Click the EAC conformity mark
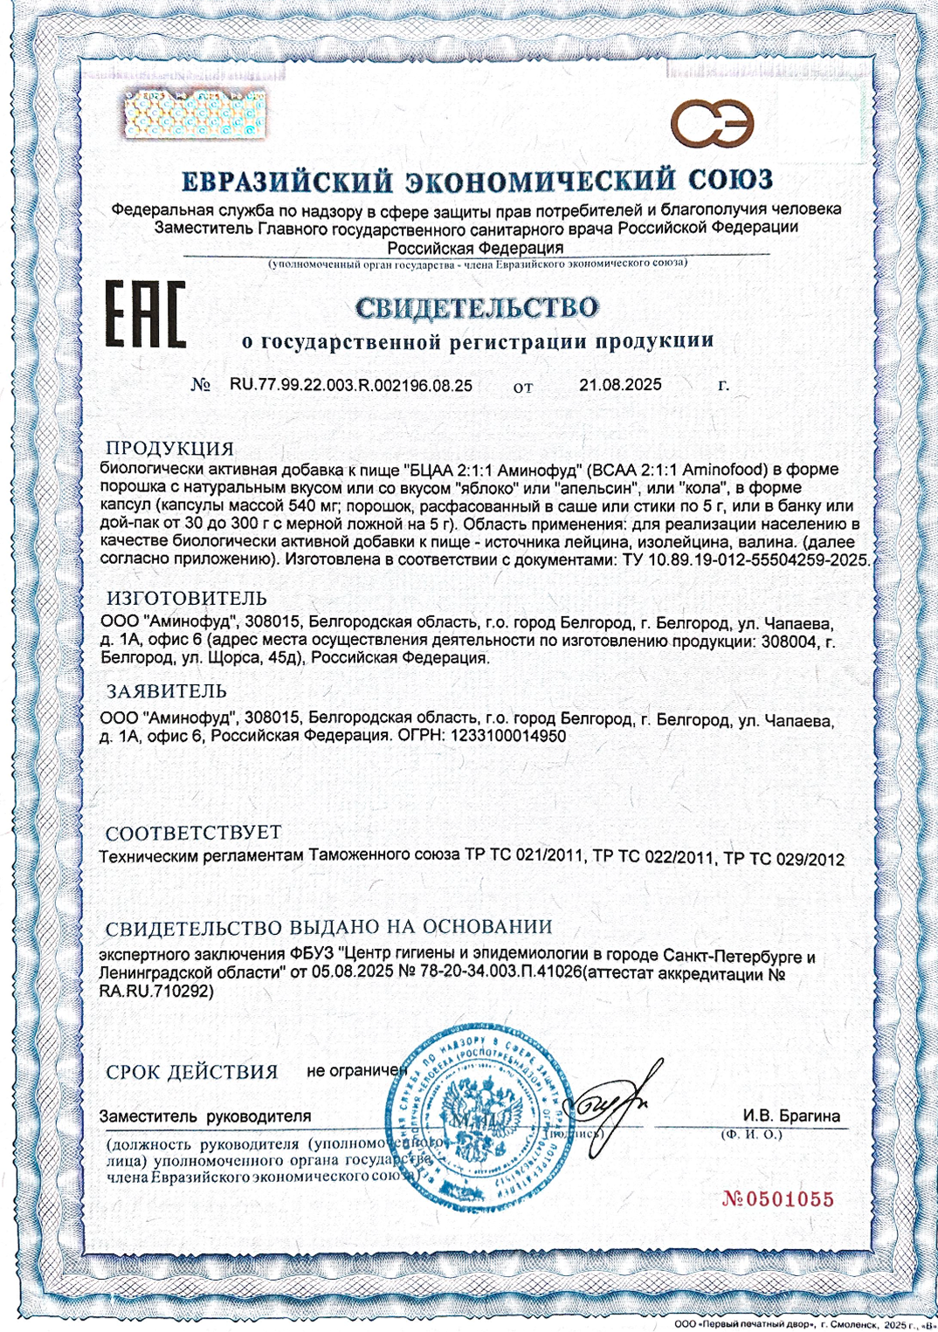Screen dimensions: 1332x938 146,314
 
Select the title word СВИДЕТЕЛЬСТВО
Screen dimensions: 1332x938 477,307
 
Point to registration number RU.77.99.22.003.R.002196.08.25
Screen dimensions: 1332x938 351,385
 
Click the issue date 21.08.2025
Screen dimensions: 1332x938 620,385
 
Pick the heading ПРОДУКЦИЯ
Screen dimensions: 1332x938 170,449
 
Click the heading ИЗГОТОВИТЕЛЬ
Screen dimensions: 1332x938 187,599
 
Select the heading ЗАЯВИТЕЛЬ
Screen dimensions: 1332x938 167,691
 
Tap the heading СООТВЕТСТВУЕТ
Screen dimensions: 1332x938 194,832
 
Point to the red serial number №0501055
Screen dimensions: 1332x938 778,1199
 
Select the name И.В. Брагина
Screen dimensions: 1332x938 791,1116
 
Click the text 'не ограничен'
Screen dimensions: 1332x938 357,1070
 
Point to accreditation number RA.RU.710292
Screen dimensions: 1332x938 156,992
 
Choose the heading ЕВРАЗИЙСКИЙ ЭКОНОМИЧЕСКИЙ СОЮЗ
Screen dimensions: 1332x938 477,181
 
